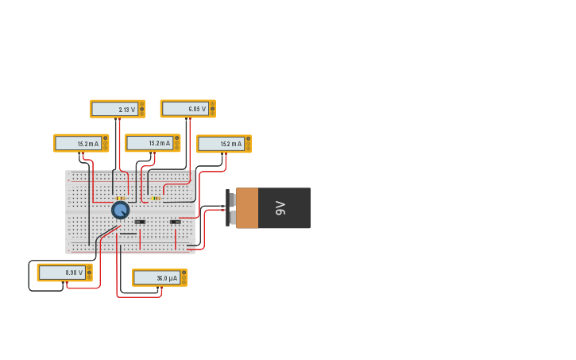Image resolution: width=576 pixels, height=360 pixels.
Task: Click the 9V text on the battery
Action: tap(280, 208)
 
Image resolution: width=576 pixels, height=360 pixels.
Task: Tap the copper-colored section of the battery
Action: tap(247, 208)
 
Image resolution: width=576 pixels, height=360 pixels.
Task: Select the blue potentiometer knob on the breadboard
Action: tap(120, 210)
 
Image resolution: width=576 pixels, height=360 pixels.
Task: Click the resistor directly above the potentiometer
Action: tap(120, 198)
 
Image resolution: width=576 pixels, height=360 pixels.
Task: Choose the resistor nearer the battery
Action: tap(155, 198)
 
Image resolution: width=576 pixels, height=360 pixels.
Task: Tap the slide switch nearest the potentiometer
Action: tap(140, 222)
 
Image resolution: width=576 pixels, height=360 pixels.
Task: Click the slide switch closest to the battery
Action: tap(175, 222)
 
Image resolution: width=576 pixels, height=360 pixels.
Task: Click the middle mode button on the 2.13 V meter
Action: tap(142, 109)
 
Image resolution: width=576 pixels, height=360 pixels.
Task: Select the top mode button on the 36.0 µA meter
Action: tap(184, 273)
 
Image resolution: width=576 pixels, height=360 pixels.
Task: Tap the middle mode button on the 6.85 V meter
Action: tap(212, 109)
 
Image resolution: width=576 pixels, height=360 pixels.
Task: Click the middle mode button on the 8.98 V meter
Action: tap(89, 273)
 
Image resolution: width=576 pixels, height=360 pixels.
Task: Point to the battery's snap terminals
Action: tap(231, 208)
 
